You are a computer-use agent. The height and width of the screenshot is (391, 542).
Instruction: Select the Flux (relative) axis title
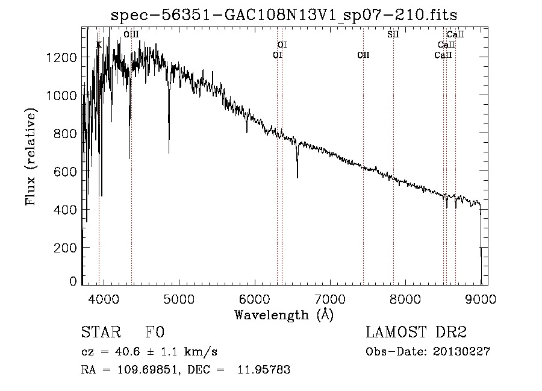pyautogui.click(x=31, y=157)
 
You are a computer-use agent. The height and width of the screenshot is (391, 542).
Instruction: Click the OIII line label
pyautogui.click(x=131, y=35)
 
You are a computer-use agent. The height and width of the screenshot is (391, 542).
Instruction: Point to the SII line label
pyautogui.click(x=393, y=35)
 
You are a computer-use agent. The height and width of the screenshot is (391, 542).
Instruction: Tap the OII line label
pyautogui.click(x=363, y=55)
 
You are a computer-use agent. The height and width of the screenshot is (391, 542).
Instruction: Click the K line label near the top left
pyautogui.click(x=99, y=45)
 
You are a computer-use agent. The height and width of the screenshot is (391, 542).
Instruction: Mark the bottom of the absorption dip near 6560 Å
pyautogui.click(x=297, y=177)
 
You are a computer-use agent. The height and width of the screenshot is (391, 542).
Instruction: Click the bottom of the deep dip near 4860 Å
pyautogui.click(x=169, y=152)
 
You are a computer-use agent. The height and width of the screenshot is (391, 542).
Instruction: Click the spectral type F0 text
pyautogui.click(x=155, y=333)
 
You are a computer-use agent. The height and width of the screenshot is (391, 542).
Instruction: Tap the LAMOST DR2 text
pyautogui.click(x=416, y=333)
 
